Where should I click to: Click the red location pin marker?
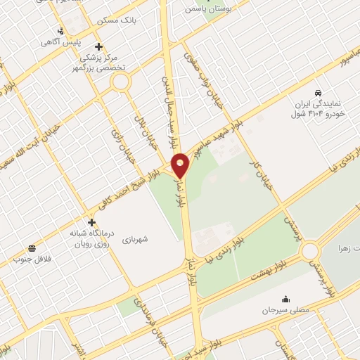181,165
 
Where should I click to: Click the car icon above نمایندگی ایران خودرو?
318,93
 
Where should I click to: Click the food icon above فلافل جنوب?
32,247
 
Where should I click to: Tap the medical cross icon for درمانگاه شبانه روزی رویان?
91,222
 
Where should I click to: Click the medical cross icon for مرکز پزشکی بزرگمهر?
99,46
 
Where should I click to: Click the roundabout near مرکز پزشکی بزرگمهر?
122,82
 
